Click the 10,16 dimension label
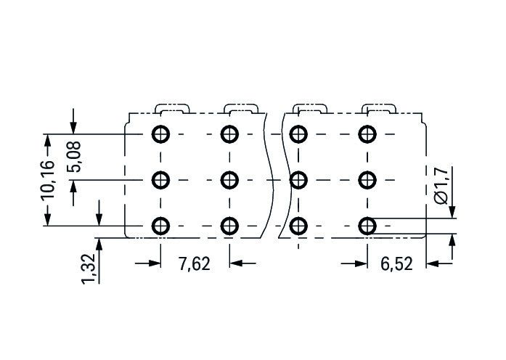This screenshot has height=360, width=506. click(48, 180)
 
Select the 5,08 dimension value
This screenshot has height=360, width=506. click(74, 157)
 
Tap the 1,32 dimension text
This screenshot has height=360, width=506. click(89, 269)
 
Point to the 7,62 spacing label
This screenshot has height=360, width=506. click(195, 264)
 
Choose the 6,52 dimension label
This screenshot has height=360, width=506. click(396, 264)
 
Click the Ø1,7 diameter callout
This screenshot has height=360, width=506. click(441, 186)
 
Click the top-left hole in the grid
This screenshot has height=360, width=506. click(160, 134)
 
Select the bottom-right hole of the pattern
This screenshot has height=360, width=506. click(367, 226)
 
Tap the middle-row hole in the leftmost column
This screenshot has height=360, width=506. click(160, 180)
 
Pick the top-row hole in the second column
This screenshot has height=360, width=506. click(229, 134)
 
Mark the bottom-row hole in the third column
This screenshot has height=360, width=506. click(298, 226)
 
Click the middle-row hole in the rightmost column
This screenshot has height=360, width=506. click(367, 180)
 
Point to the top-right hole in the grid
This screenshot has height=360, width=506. click(367, 134)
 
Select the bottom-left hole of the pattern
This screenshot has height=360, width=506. click(160, 226)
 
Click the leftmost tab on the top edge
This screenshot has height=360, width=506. click(172, 105)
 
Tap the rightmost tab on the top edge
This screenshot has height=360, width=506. click(379, 105)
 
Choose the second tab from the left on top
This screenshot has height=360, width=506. click(241, 105)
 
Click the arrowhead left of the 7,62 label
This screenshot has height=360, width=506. click(155, 263)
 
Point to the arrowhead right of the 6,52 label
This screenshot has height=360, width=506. click(433, 263)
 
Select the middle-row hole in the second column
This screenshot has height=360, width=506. click(229, 180)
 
